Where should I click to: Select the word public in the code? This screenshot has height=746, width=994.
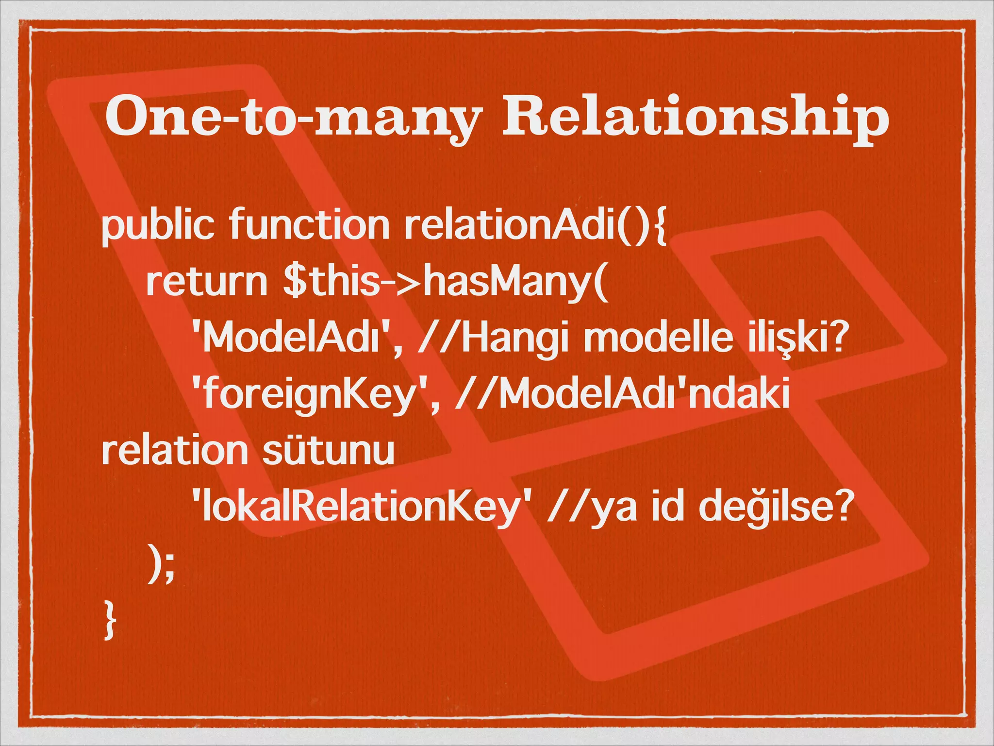[x=158, y=226]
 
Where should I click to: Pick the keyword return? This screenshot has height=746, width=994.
[x=207, y=282]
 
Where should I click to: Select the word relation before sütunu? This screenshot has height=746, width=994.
[x=175, y=450]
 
